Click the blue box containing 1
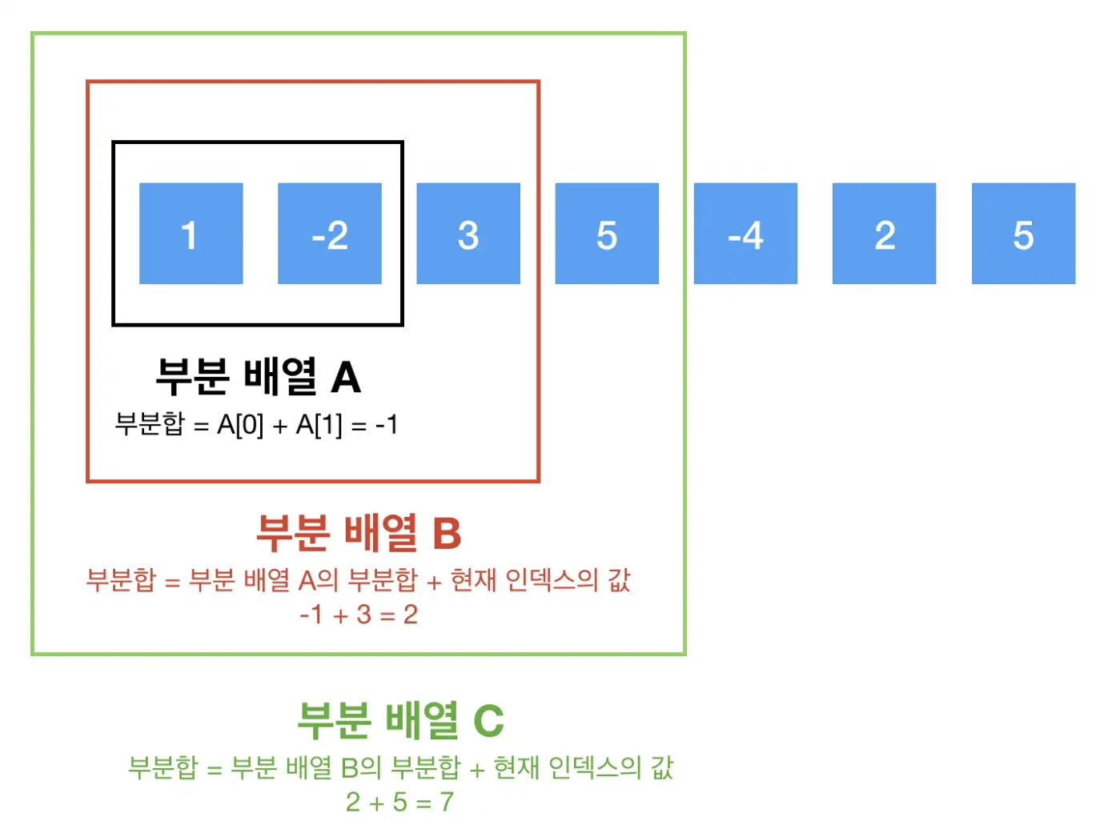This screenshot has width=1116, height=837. coord(191,234)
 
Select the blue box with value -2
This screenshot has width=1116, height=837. coord(329,234)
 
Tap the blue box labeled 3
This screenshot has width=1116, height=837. coord(468,234)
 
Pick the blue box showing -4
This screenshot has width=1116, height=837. coord(745,234)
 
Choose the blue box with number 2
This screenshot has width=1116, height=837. coord(884,234)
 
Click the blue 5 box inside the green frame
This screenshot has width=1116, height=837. coord(607,234)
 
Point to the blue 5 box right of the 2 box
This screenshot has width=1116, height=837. coord(1023,234)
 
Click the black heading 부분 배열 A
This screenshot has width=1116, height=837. coord(258,377)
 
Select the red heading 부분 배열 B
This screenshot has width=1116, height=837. coord(359,533)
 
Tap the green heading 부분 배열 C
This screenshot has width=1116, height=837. coord(400,720)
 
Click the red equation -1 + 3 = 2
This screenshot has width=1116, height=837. coord(358,615)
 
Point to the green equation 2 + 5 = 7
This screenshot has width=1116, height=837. coord(399,802)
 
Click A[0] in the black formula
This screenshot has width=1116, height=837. coord(240,425)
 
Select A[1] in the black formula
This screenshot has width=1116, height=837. coord(319,425)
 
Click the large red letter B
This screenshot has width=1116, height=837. coord(447,534)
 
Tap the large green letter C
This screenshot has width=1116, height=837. coord(488,721)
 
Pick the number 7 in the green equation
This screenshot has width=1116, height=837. coord(447,802)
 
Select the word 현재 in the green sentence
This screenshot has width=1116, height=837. coord(516,767)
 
